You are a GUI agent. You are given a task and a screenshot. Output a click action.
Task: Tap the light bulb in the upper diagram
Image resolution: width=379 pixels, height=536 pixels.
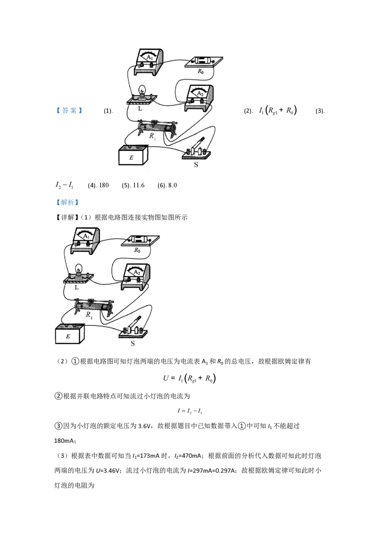[x=141, y=91]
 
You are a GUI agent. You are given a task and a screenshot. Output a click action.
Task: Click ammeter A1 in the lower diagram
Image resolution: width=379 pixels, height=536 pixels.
[x=86, y=239]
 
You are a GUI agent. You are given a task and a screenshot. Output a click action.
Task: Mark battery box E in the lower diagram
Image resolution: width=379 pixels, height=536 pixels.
[x=69, y=335]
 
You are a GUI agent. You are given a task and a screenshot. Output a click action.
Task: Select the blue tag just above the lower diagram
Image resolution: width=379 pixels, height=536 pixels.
[x=68, y=203]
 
